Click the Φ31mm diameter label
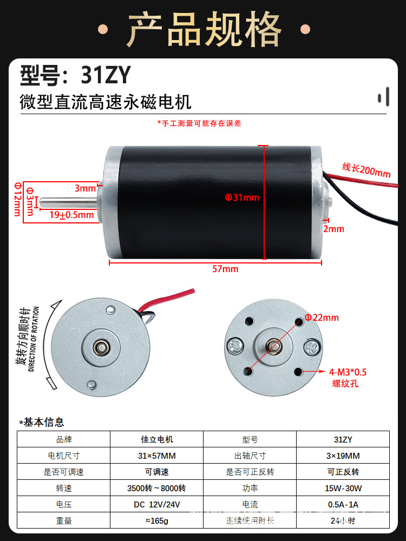pos(242,197)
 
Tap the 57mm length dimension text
pos(225,269)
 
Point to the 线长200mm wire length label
pos(366,170)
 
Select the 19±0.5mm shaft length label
pos(71,215)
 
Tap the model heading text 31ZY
pos(106,76)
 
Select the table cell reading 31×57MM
pos(156,456)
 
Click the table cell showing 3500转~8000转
pos(156,488)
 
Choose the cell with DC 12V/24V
pos(156,504)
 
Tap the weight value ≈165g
pos(156,520)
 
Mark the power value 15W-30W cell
pos(343,488)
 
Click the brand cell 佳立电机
pos(156,439)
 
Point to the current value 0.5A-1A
pos(343,504)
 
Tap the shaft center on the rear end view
pos(100,347)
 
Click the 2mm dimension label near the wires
pos(334,229)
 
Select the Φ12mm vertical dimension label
pos(17,198)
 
